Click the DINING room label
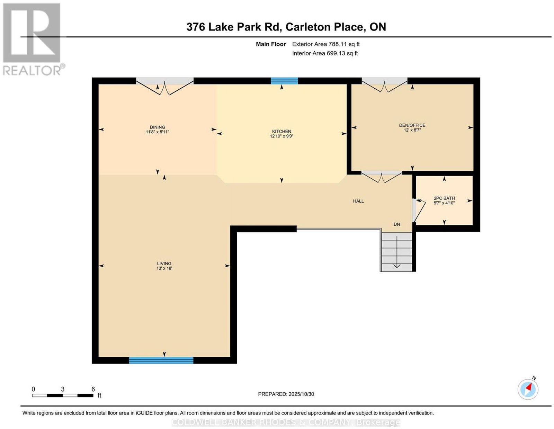[157, 127]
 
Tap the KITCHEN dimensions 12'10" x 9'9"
[282, 136]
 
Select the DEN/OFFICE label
[412, 125]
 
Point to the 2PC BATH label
[444, 198]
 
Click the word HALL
[358, 201]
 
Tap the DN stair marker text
[397, 224]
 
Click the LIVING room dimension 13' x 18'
[164, 268]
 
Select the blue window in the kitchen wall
[284, 81]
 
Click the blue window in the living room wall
[161, 360]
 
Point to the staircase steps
[396, 252]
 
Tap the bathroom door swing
[419, 210]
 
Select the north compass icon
[528, 389]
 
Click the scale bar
[62, 395]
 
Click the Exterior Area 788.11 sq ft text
[325, 44]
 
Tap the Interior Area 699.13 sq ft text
[325, 53]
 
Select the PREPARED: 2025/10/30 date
[286, 394]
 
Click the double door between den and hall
[382, 177]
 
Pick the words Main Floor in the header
[271, 44]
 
